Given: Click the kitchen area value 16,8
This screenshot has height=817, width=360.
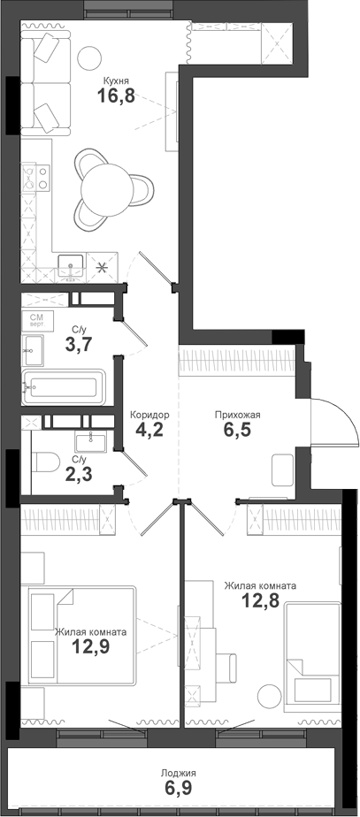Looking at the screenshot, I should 116,95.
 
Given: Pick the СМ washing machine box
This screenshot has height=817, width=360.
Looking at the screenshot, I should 38,319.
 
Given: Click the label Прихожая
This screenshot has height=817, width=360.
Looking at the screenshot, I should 237,414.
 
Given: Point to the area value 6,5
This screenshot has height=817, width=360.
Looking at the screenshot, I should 237,432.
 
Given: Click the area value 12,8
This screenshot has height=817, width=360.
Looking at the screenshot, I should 260,602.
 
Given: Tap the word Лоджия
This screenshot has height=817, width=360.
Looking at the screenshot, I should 179,772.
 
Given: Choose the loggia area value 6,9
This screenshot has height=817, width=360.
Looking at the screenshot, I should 179,789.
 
